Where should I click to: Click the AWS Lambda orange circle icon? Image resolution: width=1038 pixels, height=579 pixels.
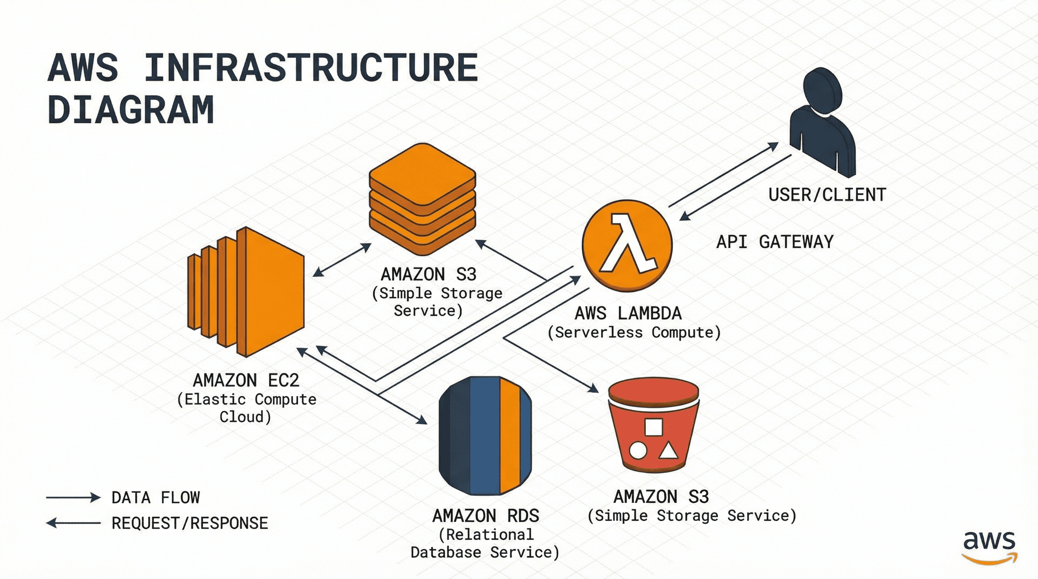click(x=627, y=246)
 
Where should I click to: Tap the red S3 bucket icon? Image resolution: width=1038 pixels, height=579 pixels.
click(x=653, y=427)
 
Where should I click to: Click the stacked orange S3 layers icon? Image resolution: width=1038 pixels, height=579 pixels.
click(x=422, y=199)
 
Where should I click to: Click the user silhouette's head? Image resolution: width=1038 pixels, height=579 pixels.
click(x=822, y=90)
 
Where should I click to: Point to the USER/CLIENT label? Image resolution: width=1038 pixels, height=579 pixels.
click(x=827, y=195)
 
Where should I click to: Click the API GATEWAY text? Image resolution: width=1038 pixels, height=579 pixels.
click(x=774, y=242)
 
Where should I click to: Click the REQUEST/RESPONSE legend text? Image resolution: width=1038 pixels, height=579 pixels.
click(x=189, y=523)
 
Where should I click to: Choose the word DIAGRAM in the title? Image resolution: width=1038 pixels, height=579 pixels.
click(x=131, y=110)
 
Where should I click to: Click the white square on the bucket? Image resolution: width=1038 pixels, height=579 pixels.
click(x=654, y=427)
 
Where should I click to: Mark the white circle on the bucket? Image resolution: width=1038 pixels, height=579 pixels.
click(x=638, y=450)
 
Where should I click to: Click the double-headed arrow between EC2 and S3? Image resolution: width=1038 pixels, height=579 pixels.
click(x=342, y=260)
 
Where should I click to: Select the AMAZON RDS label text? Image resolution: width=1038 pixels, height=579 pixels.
click(x=485, y=516)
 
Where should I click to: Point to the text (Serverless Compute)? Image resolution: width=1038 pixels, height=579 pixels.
click(x=634, y=332)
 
